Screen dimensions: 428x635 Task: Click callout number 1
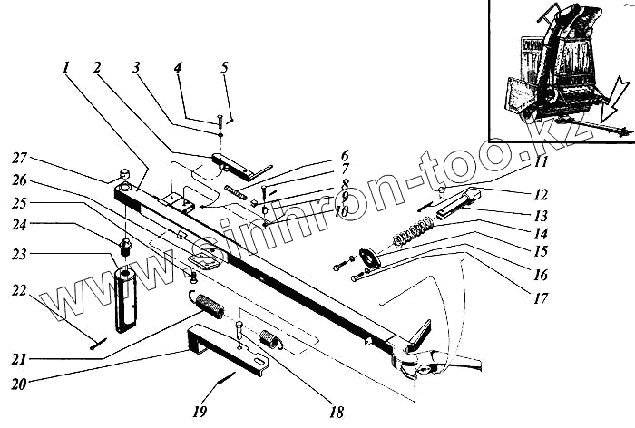coord(67,68)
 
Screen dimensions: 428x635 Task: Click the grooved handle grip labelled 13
coord(457,204)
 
